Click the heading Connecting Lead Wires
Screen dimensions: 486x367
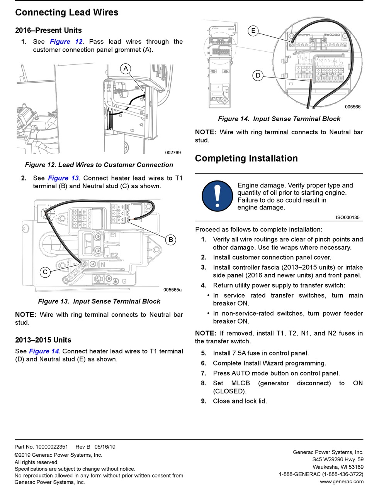[x=66, y=12]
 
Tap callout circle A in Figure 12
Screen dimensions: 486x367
[x=126, y=69]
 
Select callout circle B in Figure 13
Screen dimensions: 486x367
[x=171, y=240]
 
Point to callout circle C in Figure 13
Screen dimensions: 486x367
[x=45, y=272]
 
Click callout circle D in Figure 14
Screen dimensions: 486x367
[x=258, y=75]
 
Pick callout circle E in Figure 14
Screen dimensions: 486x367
[x=253, y=31]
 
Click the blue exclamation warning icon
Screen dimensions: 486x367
[x=217, y=196]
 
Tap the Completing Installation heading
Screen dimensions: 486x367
[x=246, y=159]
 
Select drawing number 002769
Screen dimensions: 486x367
[x=173, y=152]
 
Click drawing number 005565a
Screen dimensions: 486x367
[x=172, y=290]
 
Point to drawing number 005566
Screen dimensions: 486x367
[x=353, y=107]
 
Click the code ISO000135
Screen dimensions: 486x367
[x=347, y=218]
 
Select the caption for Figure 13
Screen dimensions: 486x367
[x=99, y=301]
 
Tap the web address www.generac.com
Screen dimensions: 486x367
[x=342, y=482]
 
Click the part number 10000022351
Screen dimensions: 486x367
[x=51, y=447]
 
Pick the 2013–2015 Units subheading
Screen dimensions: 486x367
[x=43, y=340]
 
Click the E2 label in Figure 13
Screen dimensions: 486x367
[x=114, y=255]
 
